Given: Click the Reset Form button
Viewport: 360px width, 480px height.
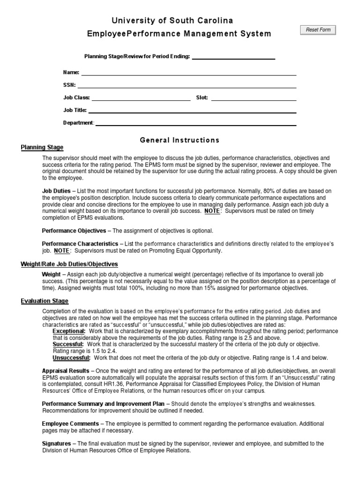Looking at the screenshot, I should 318,30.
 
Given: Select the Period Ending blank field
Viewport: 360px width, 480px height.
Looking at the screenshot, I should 233,57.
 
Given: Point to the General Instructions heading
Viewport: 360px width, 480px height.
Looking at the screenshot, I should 180,140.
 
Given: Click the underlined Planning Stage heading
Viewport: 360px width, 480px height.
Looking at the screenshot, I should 42,148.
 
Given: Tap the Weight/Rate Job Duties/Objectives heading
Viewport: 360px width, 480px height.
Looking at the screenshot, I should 69,264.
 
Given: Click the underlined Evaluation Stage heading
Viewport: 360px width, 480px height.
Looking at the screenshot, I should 45,301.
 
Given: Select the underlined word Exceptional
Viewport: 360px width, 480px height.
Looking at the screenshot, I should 69,331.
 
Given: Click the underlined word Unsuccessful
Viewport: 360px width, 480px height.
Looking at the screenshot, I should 71,358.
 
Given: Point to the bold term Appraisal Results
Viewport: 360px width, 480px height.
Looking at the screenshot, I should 66,370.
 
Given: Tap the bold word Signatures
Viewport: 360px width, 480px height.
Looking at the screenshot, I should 56,443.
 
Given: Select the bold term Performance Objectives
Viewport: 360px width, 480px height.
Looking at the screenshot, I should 74,231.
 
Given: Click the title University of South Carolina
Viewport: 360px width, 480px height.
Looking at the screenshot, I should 172,21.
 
